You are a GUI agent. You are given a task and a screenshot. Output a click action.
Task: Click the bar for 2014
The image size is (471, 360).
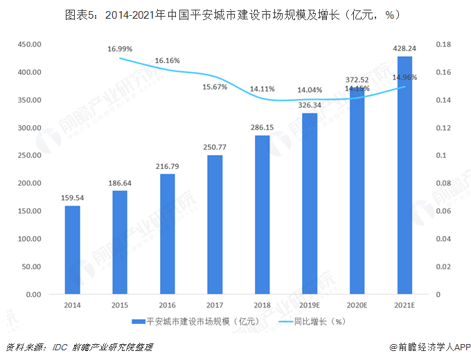pyautogui.click(x=73, y=250)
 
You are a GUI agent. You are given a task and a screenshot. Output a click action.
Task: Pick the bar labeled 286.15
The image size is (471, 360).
pyautogui.click(x=263, y=215)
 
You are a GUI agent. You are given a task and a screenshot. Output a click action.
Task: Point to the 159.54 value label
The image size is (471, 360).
pyautogui.click(x=73, y=198)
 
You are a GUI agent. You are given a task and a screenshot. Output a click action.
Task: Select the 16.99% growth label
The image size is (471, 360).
pyautogui.click(x=121, y=49)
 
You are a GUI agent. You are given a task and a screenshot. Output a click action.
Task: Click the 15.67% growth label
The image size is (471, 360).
pyautogui.click(x=215, y=87)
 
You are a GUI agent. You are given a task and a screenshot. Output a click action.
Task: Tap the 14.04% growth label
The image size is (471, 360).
pyautogui.click(x=310, y=90)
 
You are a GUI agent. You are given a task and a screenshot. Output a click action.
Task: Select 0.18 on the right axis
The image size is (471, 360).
pyautogui.click(x=444, y=44)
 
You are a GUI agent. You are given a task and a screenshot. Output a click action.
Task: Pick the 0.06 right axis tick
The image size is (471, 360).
pyautogui.click(x=444, y=211)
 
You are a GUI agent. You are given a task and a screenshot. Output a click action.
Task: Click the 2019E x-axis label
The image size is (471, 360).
pyautogui.click(x=310, y=305)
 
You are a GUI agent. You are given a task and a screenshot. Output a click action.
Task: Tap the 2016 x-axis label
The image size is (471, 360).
pyautogui.click(x=168, y=305)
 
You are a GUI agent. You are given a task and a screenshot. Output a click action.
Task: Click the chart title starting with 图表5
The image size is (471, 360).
pyautogui.click(x=235, y=14)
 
